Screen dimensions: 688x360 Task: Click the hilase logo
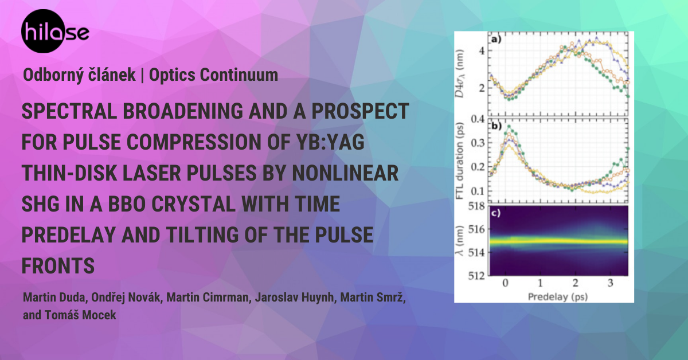(x=55, y=31)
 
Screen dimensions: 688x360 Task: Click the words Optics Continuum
(x=213, y=75)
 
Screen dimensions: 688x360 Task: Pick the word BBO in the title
(x=127, y=204)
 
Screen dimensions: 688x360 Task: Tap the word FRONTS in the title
(x=58, y=265)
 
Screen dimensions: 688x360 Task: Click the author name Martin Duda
(x=55, y=298)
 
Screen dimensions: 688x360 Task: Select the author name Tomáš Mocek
(x=80, y=315)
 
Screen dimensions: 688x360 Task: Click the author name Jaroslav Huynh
(x=295, y=298)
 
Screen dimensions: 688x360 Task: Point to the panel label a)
(x=497, y=39)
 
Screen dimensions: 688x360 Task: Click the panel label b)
(x=497, y=126)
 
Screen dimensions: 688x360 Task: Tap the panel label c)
(x=496, y=213)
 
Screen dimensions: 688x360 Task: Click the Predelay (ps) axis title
(x=558, y=297)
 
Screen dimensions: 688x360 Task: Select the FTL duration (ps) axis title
(x=459, y=161)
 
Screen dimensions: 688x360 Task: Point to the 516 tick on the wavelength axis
(x=476, y=229)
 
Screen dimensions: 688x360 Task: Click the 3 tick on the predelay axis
(x=610, y=283)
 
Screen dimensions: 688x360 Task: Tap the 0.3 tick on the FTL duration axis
(x=478, y=143)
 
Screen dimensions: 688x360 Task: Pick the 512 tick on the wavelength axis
(x=476, y=276)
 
